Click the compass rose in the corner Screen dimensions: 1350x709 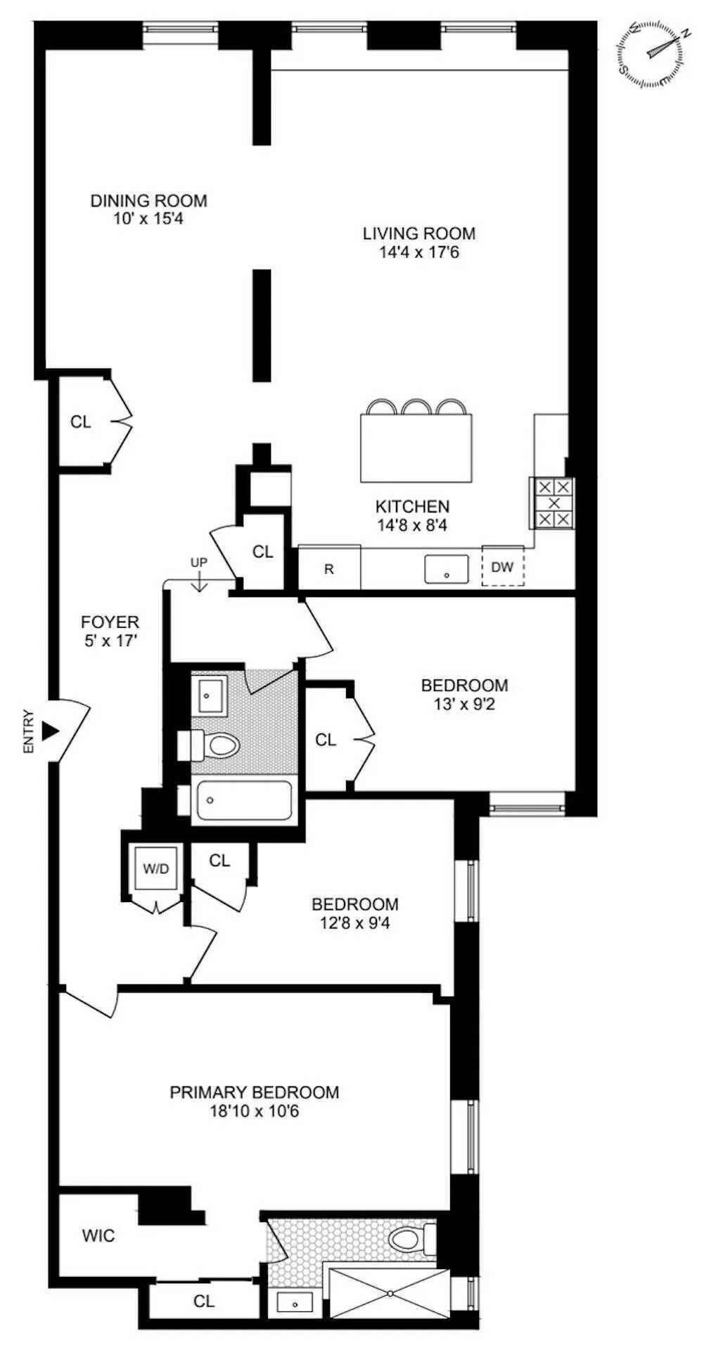point(651,55)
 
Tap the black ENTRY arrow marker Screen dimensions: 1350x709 point(50,731)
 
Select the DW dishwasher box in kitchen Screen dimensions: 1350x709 point(502,567)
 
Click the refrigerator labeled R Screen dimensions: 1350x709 point(329,568)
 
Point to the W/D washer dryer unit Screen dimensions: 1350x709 point(156,868)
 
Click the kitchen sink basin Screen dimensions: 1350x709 point(447,568)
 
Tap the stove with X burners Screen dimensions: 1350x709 point(554,503)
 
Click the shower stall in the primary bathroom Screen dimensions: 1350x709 point(389,1294)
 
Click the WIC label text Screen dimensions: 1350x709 point(98,1235)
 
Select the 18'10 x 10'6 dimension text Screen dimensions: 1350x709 point(255,1112)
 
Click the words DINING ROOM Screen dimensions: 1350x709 point(148,201)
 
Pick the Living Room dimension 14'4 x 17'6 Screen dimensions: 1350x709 point(419,252)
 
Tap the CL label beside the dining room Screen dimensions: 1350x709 point(81,422)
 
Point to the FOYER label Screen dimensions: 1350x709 point(110,622)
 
